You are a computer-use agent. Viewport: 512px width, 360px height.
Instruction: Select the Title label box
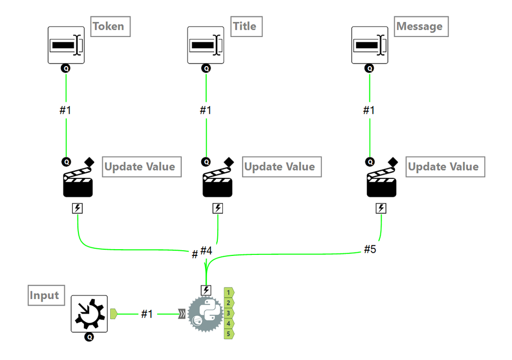pos(244,26)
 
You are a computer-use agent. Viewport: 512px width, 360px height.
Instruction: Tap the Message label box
pos(419,26)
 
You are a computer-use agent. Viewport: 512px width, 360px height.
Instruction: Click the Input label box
pos(45,295)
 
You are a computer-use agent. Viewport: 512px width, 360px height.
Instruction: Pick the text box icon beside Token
pos(66,45)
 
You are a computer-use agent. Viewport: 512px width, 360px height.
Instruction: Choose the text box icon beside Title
pos(206,45)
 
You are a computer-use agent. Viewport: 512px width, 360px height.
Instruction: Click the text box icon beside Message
pos(370,45)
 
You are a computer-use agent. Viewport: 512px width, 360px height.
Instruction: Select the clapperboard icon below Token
pos(77,182)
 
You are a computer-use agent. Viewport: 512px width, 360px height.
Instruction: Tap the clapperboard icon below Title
pos(217,182)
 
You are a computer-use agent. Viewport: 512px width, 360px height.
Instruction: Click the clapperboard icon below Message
pos(381,182)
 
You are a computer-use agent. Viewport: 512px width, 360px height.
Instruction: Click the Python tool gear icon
pos(204,314)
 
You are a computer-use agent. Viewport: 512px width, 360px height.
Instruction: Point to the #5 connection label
pos(370,249)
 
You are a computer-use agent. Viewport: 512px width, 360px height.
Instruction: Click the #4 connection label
pos(206,250)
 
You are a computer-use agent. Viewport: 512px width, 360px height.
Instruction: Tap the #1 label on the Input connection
pos(147,314)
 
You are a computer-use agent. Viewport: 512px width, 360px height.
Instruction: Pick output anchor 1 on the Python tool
pos(229,292)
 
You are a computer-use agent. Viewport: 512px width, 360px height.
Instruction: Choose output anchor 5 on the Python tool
pos(229,334)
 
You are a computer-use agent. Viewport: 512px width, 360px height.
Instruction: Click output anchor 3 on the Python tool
pos(229,313)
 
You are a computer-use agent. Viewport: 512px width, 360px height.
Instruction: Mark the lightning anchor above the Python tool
pos(206,290)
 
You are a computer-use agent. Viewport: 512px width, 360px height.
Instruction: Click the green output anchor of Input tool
pos(114,313)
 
